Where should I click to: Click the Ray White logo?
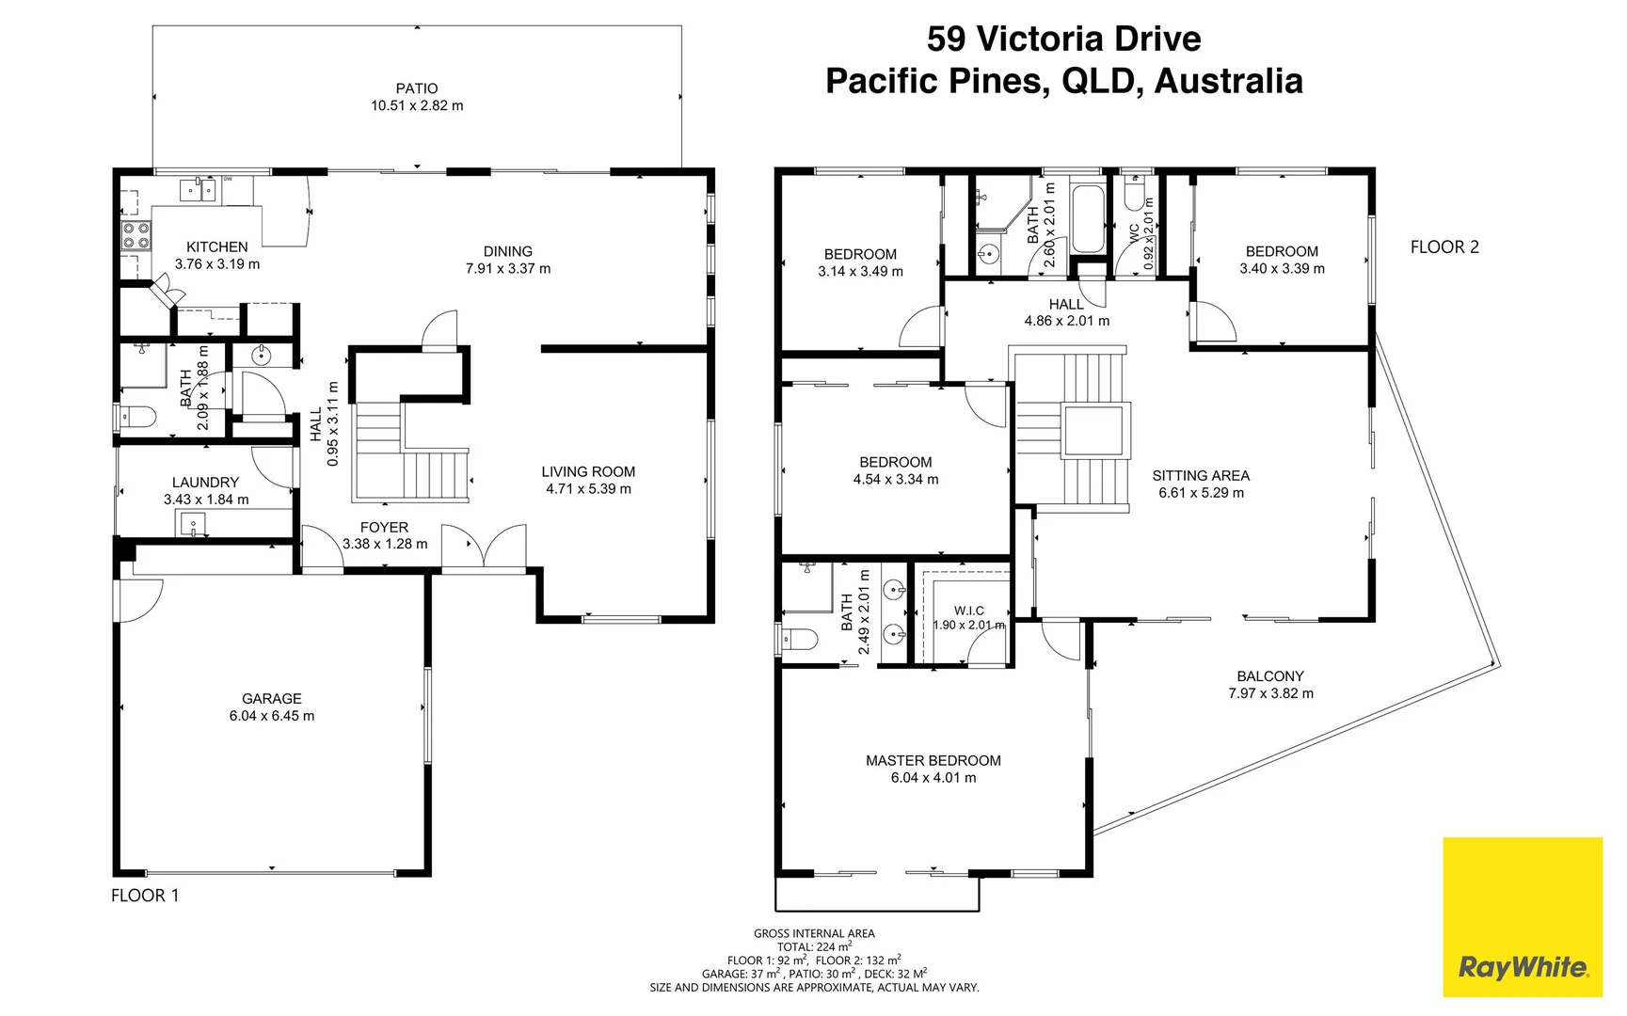coord(1522,966)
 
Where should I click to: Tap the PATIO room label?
coord(417,88)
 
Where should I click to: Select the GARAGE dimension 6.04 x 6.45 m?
coord(272,716)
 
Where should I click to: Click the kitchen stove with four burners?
coord(136,235)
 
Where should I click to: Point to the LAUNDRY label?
coord(205,483)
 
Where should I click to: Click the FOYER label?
coord(384,528)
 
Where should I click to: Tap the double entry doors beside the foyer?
coord(484,549)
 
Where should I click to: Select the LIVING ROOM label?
coord(588,472)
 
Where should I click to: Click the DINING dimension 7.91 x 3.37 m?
coord(508,269)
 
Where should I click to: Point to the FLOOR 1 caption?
coord(145,896)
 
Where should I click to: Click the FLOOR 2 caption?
coord(1444,247)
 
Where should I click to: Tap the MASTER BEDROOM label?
coord(933,761)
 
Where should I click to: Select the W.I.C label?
coord(968,611)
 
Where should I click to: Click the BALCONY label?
coord(1270,676)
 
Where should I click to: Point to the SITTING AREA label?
coord(1201,476)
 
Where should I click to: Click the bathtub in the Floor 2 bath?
coord(1089,219)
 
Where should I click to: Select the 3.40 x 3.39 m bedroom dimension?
coord(1282,269)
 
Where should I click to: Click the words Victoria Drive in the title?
coord(1089,40)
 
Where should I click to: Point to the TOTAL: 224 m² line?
coord(814,947)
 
